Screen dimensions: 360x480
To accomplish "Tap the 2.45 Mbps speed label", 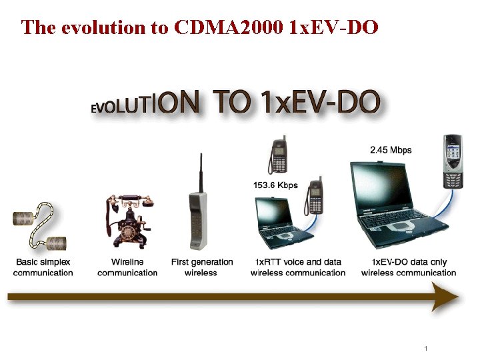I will (391, 150).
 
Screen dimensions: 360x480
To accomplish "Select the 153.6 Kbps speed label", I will (275, 185).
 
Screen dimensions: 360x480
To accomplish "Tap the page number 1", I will (425, 349).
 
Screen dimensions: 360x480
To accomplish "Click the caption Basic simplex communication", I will (43, 267).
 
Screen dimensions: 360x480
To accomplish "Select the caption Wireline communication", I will (127, 267).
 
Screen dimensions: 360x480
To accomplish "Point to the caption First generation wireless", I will (202, 267).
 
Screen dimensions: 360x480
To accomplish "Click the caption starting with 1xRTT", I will (298, 267).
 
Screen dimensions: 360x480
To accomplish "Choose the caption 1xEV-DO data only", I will (409, 267).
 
